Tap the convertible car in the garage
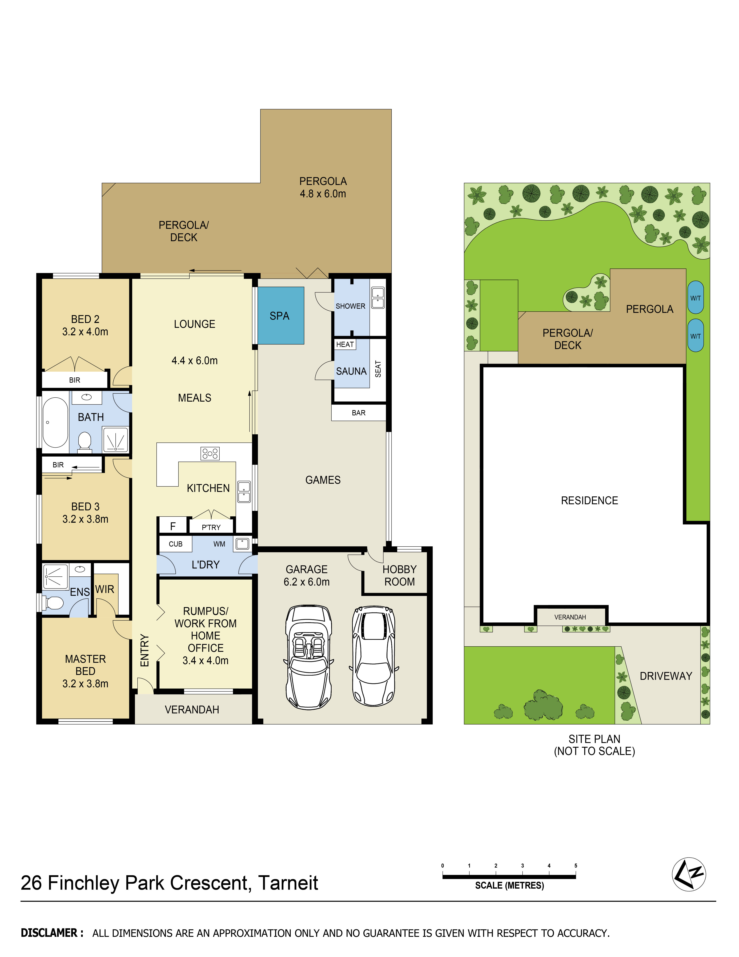click(309, 657)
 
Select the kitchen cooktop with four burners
click(210, 453)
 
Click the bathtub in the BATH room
click(55, 422)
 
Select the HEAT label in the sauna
click(345, 344)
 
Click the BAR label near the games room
click(359, 413)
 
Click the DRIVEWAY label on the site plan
click(666, 676)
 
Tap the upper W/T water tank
click(696, 298)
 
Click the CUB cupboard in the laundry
click(176, 544)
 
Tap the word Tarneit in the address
click(288, 883)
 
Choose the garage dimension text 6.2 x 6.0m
click(306, 582)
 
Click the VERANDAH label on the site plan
click(570, 617)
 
